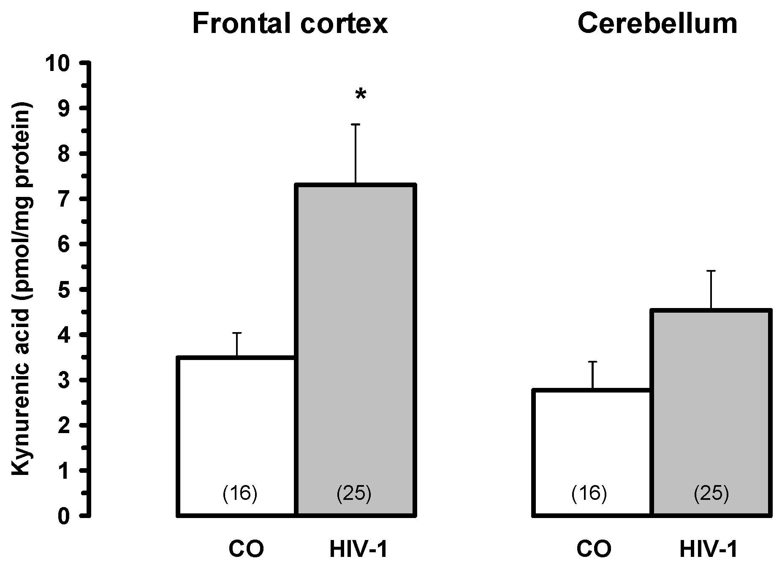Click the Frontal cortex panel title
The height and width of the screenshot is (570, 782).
click(x=290, y=24)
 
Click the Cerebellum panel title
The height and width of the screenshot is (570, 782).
click(x=657, y=24)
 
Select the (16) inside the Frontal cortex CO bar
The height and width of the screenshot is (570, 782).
click(x=239, y=493)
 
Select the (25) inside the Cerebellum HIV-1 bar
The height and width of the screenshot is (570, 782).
click(x=711, y=493)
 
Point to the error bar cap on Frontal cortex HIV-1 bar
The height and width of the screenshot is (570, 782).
click(x=356, y=125)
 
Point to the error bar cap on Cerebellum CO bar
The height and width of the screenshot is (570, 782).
click(x=592, y=362)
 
